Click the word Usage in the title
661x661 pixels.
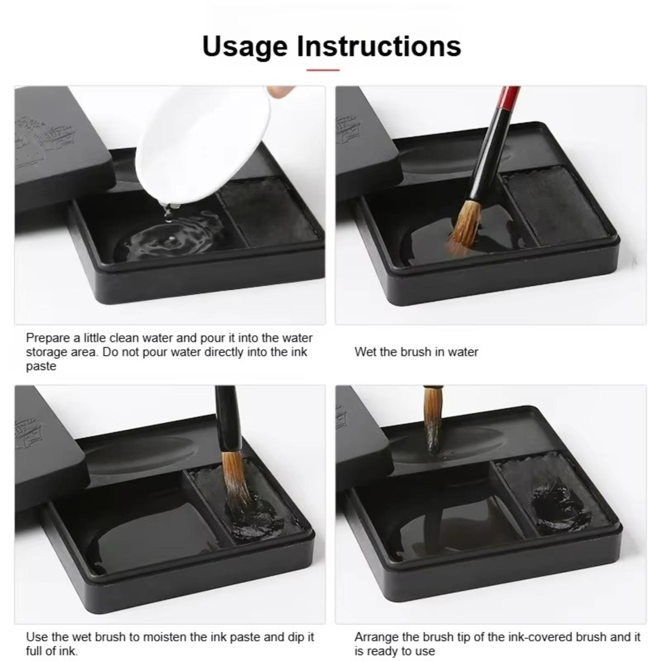[x=245, y=47]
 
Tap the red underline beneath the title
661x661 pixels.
[x=323, y=70]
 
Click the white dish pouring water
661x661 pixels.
[x=202, y=145]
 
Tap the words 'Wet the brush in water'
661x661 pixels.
[x=416, y=352]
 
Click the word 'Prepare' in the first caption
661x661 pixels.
[x=48, y=338]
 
